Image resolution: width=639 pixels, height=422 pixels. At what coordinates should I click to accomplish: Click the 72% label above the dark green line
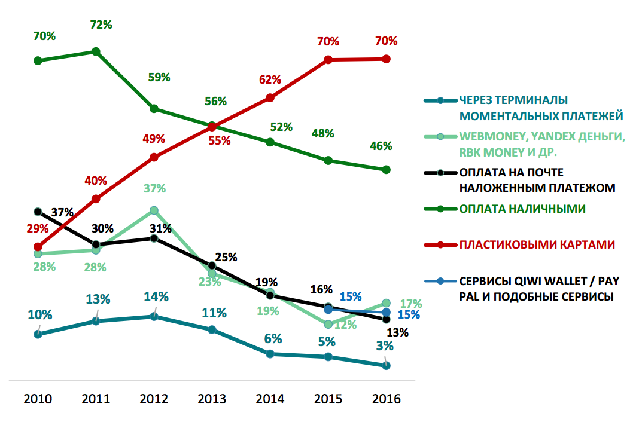coord(101,25)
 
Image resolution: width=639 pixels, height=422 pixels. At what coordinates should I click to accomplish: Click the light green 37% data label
coord(154,189)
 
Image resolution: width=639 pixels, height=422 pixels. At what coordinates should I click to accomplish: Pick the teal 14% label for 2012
coord(156,297)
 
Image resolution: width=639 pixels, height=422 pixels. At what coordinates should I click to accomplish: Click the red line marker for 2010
coord(38,247)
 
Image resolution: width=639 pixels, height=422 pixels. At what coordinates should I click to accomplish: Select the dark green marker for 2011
coord(96,51)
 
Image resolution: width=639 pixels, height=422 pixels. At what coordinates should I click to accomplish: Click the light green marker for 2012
coord(154,210)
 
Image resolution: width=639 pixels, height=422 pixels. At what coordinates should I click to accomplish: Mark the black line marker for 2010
coord(38,212)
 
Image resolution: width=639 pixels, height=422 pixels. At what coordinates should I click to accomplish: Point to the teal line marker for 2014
coord(270,354)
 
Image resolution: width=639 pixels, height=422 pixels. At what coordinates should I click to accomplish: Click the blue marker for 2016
coord(386,313)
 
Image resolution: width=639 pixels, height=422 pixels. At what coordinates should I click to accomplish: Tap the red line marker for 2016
coord(386,59)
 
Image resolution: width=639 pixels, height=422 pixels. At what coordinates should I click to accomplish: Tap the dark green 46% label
coord(381,146)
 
